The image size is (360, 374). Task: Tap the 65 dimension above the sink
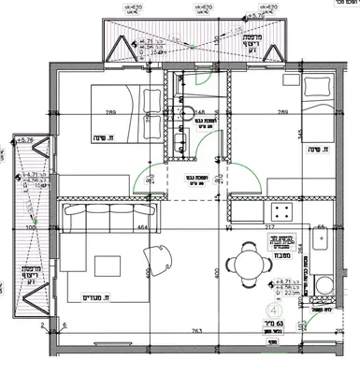pyautogui.click(x=320, y=227)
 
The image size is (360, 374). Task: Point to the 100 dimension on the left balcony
pyautogui.click(x=31, y=227)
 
